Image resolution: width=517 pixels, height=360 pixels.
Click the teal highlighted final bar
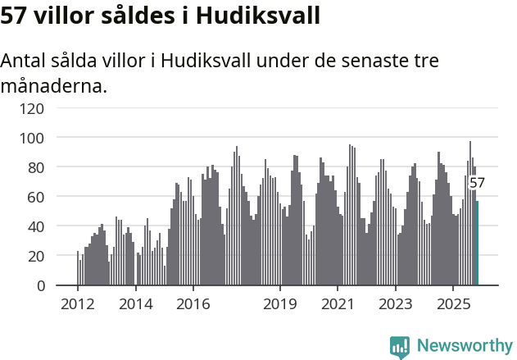coord(477,244)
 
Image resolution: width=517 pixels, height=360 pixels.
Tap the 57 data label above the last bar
coord(477,184)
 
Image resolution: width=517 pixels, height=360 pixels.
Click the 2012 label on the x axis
coord(77,304)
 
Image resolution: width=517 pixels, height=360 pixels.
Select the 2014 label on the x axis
coord(135,304)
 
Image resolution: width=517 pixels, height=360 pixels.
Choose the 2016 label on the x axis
coord(193,304)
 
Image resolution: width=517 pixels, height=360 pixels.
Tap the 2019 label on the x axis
coord(279,304)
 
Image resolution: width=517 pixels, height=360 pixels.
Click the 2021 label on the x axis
coord(338,304)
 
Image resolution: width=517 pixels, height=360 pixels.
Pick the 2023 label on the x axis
coord(395,304)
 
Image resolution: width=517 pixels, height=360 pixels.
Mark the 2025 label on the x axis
coord(453,304)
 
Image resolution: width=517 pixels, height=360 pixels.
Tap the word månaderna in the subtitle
coord(54,85)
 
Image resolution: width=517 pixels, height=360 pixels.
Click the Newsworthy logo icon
coord(400,347)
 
